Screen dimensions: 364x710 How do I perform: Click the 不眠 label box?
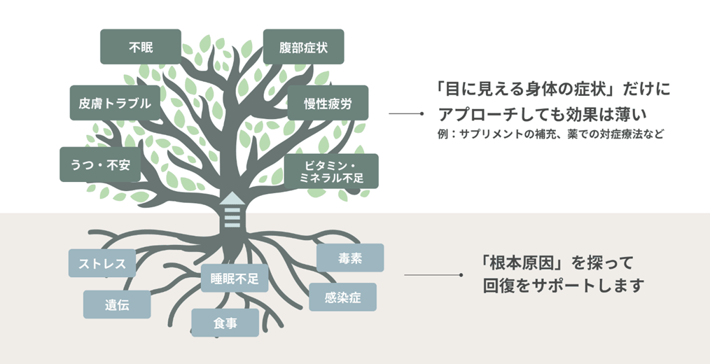coord(140,47)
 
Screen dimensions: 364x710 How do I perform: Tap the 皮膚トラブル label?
coord(111,104)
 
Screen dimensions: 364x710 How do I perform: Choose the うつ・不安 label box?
coord(100,164)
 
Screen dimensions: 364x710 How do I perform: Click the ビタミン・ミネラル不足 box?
coord(331,171)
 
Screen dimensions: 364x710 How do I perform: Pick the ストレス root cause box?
coord(102,263)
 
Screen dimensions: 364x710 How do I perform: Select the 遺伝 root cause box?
coord(117,304)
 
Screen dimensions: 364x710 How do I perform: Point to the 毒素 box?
coord(350,258)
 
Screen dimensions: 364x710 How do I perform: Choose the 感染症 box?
coord(343,297)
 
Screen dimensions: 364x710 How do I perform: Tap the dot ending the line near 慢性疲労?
coord(421,113)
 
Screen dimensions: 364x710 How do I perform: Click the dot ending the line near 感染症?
coord(460,274)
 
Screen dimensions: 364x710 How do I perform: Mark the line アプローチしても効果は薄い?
coord(540,113)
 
